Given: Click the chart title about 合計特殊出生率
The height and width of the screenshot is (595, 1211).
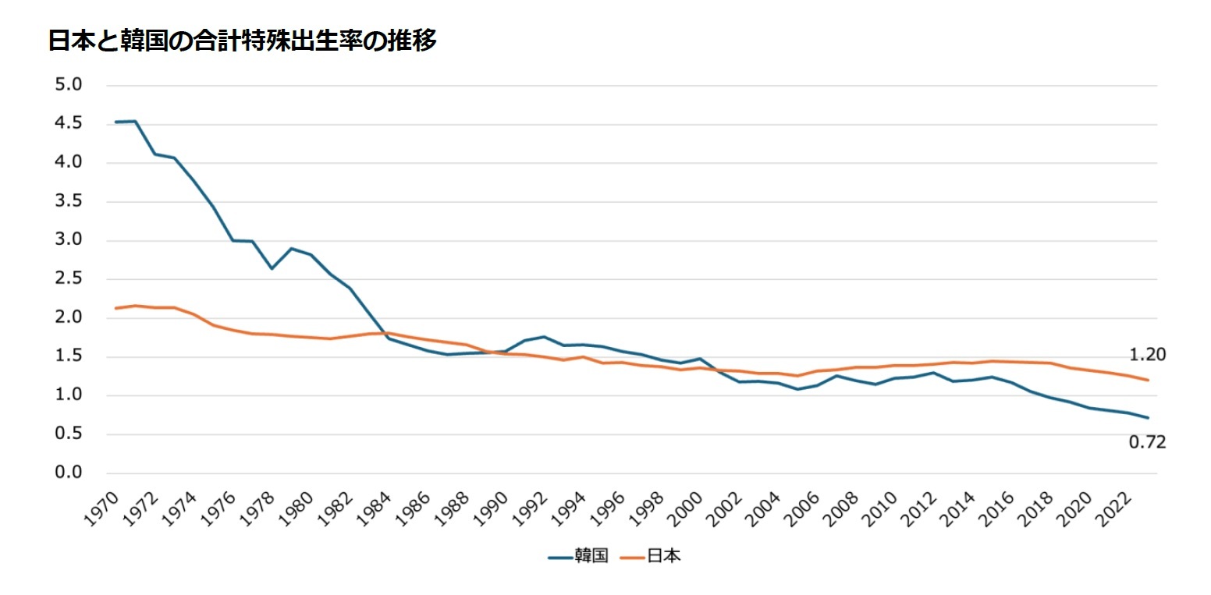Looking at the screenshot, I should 242,41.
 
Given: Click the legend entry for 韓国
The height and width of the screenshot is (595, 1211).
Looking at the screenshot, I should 578,558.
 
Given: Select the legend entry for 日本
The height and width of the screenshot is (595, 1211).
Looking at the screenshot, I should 651,558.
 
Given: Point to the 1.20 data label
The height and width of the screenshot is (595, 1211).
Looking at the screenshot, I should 1147,356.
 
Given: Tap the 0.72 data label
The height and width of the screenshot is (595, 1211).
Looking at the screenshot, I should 1147,443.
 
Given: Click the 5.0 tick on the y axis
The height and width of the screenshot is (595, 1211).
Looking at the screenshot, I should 69,85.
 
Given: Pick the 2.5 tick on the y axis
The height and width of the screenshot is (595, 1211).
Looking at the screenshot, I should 69,279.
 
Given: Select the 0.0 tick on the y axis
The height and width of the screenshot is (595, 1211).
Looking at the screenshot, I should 69,473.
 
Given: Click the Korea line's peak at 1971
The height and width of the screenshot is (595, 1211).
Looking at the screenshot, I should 135,121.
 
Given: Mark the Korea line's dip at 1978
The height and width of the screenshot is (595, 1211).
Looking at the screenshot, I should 272,268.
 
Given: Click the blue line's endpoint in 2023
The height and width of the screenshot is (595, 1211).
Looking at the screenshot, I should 1148,418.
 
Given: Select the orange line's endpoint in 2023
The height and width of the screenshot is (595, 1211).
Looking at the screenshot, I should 1148,381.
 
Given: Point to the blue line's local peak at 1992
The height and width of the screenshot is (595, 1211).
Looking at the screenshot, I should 544,337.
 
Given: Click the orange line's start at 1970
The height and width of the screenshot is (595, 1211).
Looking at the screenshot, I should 115,308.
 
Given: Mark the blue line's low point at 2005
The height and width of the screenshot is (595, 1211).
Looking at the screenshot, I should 797,389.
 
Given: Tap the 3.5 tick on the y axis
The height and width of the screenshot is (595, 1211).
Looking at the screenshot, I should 69,201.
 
